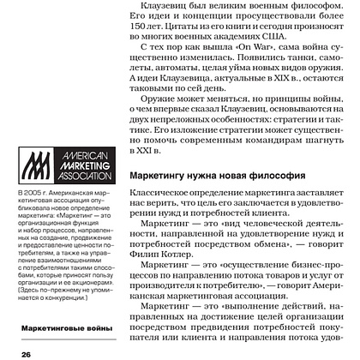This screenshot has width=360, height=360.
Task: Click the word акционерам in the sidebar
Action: click(83, 285)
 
